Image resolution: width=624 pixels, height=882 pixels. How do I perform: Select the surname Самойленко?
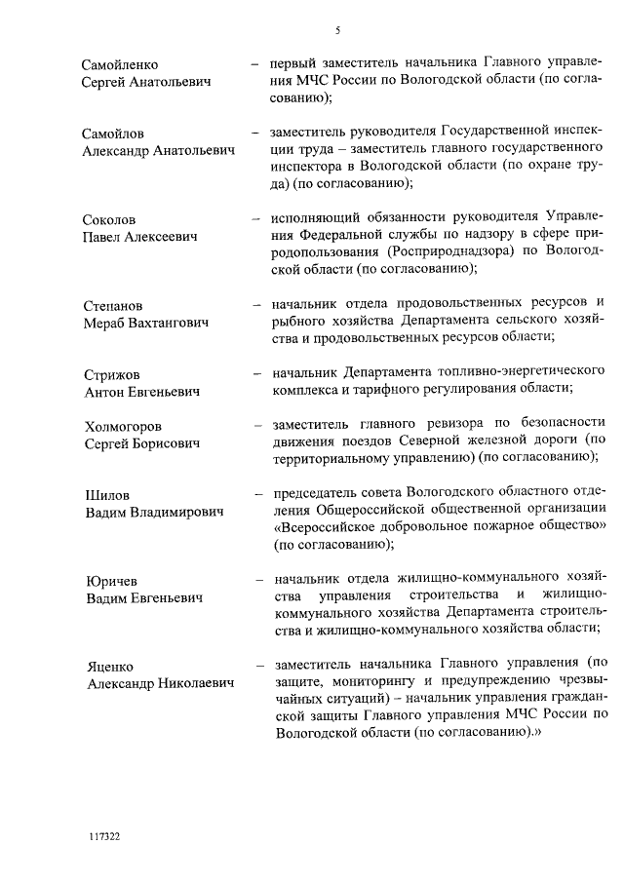pyautogui.click(x=121, y=65)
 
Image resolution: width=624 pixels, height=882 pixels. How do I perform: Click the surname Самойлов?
pyautogui.click(x=114, y=134)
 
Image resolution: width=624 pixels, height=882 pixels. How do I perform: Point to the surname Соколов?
pyautogui.click(x=109, y=219)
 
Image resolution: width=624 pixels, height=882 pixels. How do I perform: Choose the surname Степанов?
pyautogui.click(x=113, y=305)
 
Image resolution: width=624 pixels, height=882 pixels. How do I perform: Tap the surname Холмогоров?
pyautogui.click(x=123, y=426)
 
